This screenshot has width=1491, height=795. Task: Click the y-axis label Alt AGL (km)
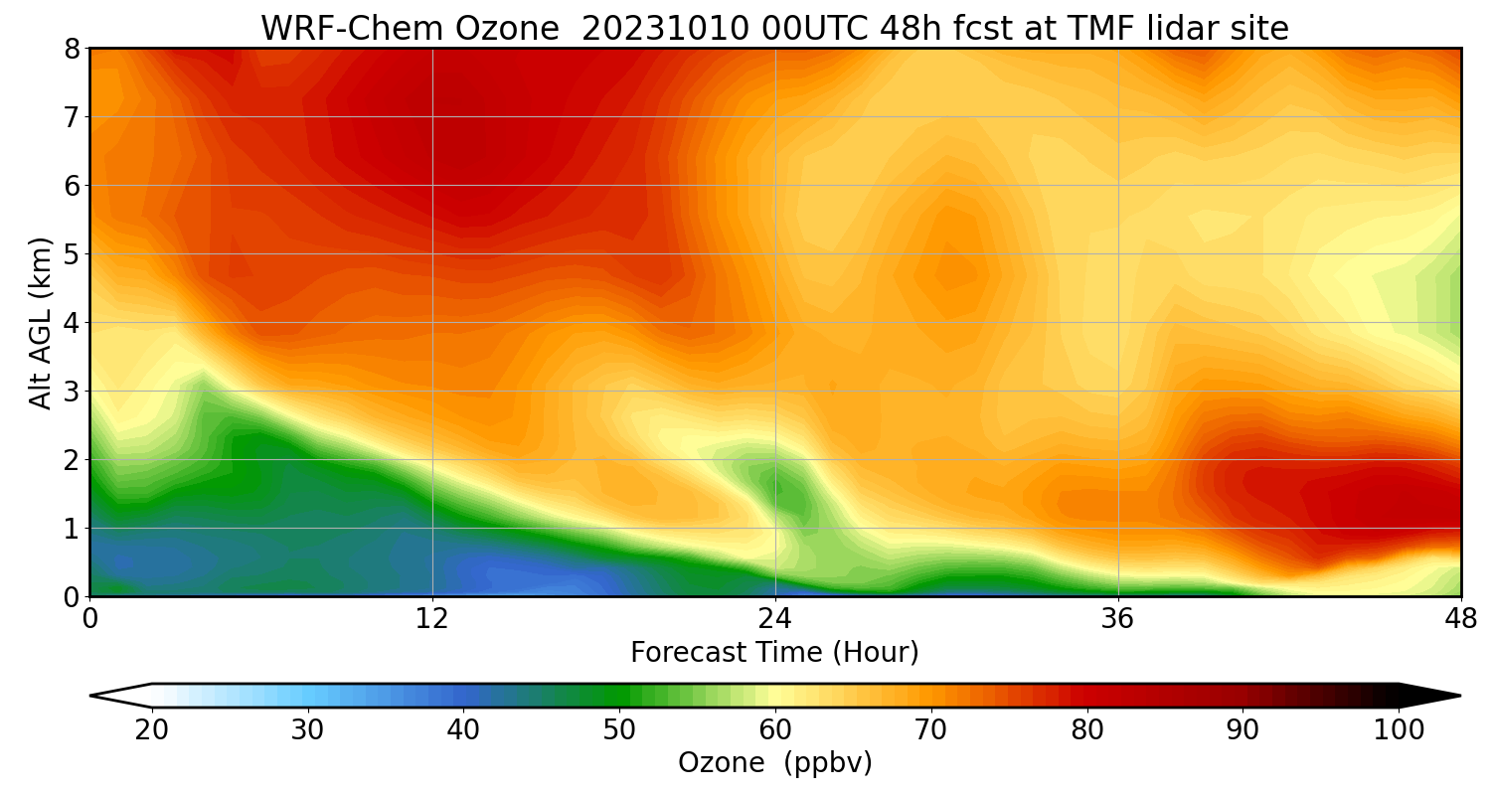click(41, 323)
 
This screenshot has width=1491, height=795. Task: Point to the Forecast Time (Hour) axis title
click(774, 653)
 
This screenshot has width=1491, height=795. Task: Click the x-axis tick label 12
click(432, 618)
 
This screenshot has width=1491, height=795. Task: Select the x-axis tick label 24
click(775, 618)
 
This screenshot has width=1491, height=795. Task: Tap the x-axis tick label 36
click(1118, 618)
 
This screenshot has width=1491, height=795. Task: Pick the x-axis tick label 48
click(1460, 618)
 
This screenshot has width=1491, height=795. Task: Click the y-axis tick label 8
click(72, 49)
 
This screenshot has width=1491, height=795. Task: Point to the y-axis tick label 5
click(72, 254)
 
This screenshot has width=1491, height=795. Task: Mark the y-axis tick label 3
click(72, 392)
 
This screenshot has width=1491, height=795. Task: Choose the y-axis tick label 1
click(72, 529)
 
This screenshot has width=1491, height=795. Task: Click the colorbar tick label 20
click(152, 730)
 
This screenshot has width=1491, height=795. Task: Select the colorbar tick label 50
click(619, 730)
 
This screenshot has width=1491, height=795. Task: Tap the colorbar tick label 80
click(1087, 730)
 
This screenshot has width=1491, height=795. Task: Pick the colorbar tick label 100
click(1399, 730)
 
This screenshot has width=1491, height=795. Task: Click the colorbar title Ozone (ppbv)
click(774, 763)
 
